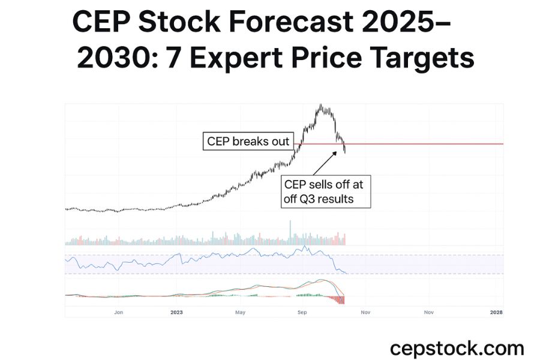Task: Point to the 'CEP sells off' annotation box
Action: coord(326,191)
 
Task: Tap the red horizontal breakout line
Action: coord(420,144)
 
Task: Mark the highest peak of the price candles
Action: coord(322,106)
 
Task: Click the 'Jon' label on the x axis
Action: coord(119,312)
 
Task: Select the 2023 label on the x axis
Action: coord(176,312)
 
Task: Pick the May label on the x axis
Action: coord(241,312)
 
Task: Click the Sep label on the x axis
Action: coord(302,312)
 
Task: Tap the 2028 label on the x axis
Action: coord(496,312)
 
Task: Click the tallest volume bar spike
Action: coord(290,231)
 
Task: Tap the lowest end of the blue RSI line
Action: coord(347,274)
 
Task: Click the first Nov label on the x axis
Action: coord(365,312)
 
